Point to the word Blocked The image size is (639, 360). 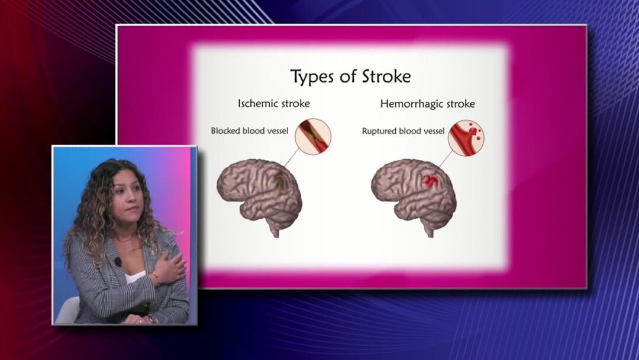click(225, 131)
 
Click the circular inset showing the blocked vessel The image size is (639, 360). click(313, 137)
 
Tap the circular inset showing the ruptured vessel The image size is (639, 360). click(466, 138)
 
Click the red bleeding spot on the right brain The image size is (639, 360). click(430, 181)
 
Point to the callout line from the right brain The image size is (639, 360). click(446, 159)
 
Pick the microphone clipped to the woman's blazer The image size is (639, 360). click(118, 261)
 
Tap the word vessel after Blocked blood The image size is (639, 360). click(277, 131)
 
